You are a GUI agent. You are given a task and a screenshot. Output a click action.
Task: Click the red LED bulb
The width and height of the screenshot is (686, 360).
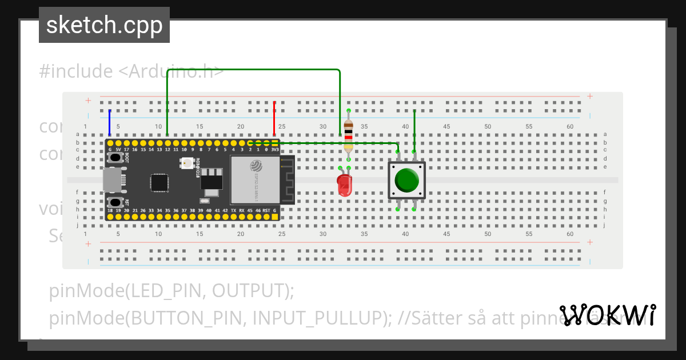(344, 184)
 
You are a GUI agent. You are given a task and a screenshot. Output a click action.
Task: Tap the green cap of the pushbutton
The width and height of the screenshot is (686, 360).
(406, 180)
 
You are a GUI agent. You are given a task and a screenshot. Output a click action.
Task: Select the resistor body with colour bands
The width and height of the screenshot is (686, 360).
(348, 136)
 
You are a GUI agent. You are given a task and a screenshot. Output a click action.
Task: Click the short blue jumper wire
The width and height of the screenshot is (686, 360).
(110, 122)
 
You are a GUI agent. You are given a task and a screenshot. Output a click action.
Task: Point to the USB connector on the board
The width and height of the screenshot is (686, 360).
(112, 179)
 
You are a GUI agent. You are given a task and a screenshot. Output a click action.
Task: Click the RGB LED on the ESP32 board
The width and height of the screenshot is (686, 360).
(186, 163)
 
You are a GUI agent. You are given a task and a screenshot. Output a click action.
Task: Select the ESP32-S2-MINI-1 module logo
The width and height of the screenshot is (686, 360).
(256, 166)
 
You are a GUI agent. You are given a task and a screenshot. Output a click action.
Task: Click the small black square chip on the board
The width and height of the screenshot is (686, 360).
(159, 183)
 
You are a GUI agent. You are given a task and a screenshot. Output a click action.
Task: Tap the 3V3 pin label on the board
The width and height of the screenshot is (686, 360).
(275, 149)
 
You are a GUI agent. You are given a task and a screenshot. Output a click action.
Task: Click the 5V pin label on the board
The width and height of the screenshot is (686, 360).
(118, 149)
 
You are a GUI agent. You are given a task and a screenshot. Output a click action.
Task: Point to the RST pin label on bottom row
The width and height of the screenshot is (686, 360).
(266, 211)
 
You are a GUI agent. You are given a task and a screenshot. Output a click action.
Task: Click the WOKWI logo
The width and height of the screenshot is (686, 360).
(608, 315)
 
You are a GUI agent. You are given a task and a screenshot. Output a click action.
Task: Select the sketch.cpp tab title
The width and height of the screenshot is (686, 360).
(104, 25)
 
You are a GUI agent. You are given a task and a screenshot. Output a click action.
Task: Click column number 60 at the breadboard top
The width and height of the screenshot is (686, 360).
(569, 126)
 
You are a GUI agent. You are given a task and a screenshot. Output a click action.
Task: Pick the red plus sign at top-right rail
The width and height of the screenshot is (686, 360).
(590, 97)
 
